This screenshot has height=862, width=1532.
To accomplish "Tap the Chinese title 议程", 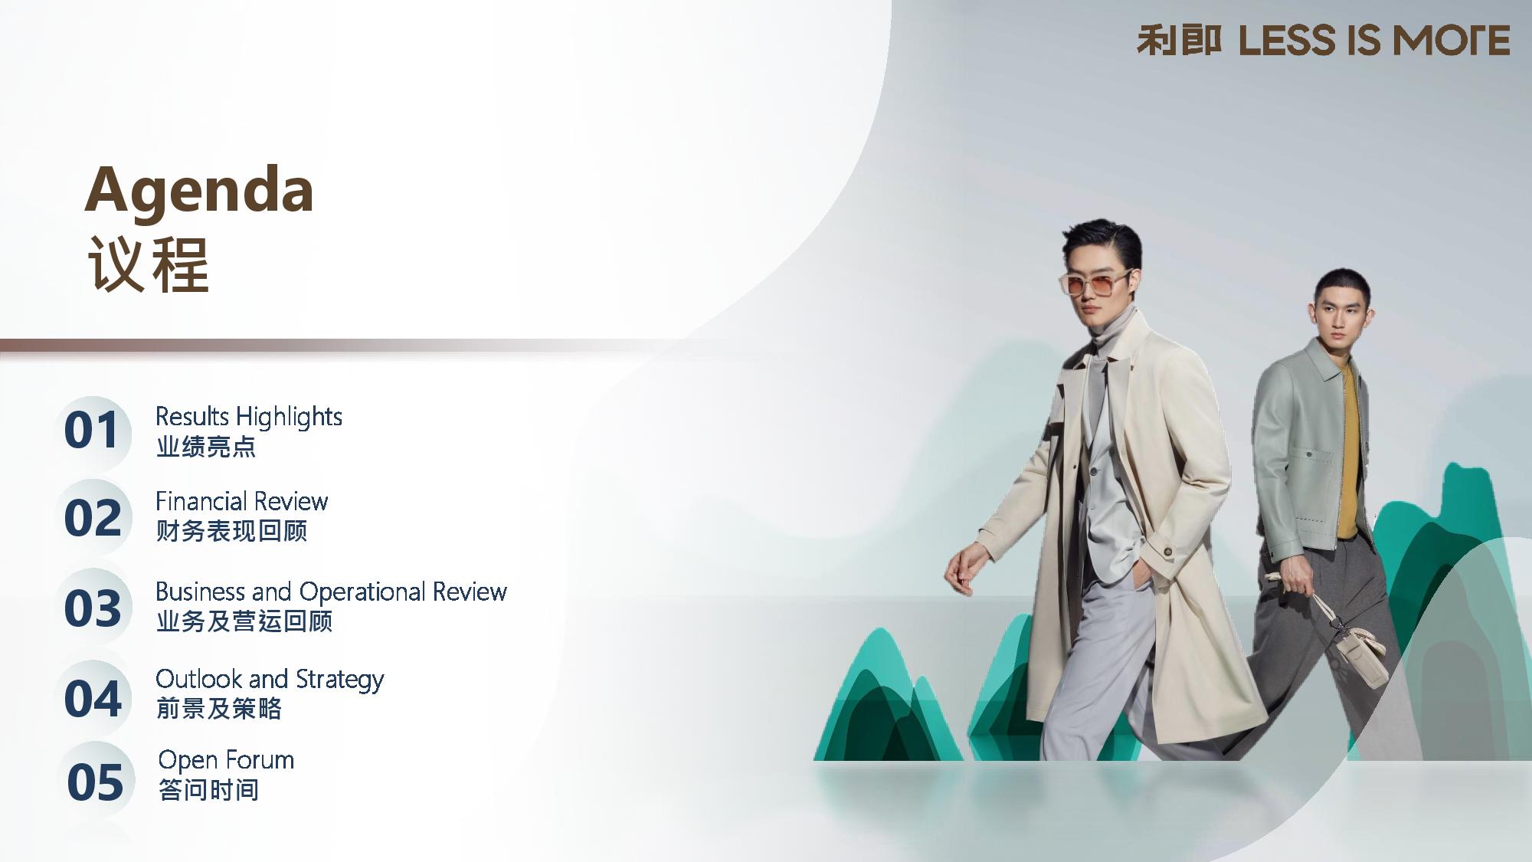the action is tap(148, 265).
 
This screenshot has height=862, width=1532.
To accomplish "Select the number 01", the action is tap(92, 430).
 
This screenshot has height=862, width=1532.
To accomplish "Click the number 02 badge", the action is tap(93, 518).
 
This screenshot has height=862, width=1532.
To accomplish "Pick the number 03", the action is tap(93, 608).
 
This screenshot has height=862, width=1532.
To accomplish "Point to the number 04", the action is tap(93, 699).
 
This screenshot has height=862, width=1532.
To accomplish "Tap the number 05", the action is tap(95, 782).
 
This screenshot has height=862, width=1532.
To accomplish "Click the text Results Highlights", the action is tap(248, 418).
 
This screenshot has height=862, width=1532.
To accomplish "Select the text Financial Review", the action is tap(241, 501).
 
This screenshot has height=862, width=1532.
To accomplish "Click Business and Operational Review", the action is tap(331, 592).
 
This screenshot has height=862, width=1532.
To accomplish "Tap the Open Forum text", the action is tap(226, 761).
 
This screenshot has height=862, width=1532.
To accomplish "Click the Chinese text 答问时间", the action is tap(208, 790).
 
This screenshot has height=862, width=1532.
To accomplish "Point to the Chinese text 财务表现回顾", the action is tap(231, 531).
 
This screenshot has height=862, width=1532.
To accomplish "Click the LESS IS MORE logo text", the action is tap(1374, 41).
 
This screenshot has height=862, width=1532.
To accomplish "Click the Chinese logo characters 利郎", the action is tap(1179, 41).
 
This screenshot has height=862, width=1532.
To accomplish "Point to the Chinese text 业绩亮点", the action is tap(206, 447).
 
